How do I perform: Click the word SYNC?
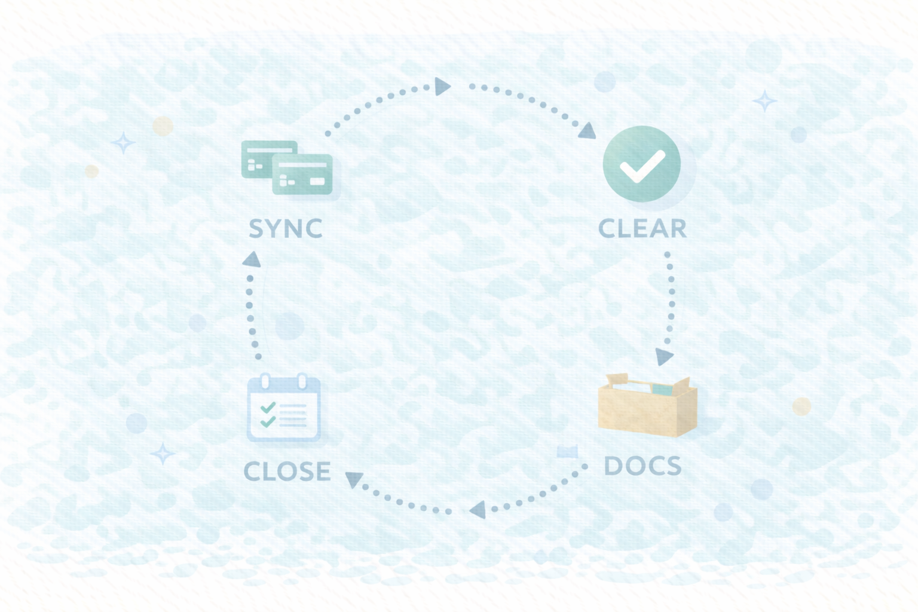286,228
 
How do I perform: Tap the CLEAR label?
642,228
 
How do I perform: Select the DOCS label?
642,466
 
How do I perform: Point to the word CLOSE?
287,472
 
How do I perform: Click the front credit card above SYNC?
302,175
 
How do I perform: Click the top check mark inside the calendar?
268,408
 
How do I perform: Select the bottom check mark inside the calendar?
268,421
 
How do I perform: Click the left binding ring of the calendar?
266,381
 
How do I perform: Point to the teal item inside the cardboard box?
662,390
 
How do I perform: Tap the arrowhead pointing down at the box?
663,357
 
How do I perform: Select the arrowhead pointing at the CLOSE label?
354,479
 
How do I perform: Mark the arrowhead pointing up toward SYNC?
252,259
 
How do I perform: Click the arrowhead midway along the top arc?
442,87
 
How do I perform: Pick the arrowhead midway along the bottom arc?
478,510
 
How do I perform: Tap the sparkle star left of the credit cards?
123,143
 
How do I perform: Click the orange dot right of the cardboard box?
801,406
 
